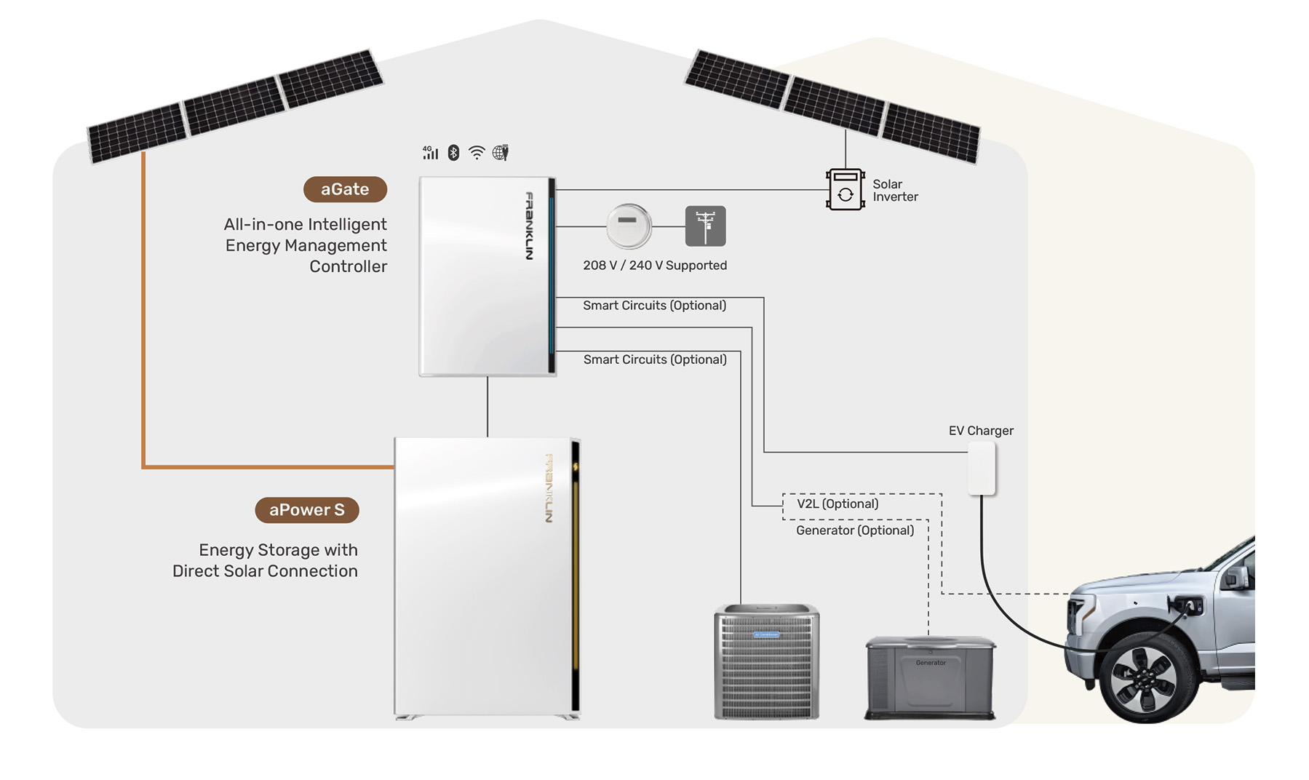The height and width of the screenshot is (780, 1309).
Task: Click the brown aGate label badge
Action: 345,189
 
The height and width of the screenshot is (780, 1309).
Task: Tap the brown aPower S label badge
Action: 306,510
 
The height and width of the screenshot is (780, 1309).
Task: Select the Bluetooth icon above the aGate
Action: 453,152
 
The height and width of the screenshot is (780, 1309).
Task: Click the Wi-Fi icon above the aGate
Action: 477,152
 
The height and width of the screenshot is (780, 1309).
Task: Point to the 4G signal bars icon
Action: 431,152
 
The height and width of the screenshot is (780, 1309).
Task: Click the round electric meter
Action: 629,226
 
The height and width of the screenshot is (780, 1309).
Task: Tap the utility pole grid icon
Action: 705,226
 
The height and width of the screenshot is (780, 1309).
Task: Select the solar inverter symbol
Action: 845,190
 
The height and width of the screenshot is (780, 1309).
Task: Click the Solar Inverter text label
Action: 895,191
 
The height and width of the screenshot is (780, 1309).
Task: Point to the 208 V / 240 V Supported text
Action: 655,266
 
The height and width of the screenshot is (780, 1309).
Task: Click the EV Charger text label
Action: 981,431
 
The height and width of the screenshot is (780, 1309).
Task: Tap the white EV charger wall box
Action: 982,469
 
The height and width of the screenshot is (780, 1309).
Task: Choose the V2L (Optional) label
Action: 837,504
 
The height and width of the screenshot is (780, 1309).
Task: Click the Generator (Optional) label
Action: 855,530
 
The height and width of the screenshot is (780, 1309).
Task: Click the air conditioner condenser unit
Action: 766,662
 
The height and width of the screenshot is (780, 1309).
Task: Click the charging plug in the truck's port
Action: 1190,605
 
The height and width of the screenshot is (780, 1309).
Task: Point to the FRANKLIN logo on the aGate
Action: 529,226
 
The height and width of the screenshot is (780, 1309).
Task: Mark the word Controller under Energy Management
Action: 348,266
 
